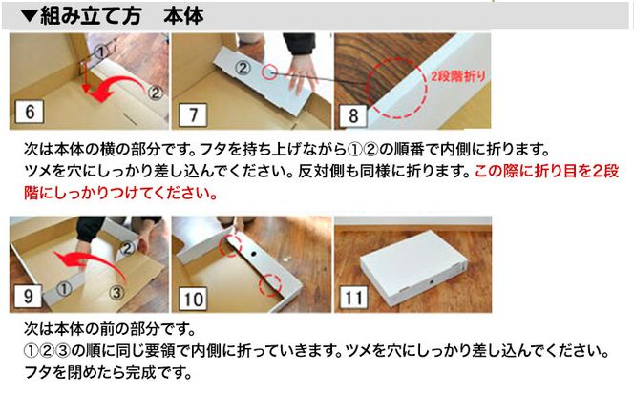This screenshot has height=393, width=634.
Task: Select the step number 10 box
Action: (x=193, y=297)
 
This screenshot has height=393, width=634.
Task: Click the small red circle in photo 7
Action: (x=271, y=71)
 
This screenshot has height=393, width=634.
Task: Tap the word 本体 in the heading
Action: (x=183, y=15)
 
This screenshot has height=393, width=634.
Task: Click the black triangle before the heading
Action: (x=29, y=16)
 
